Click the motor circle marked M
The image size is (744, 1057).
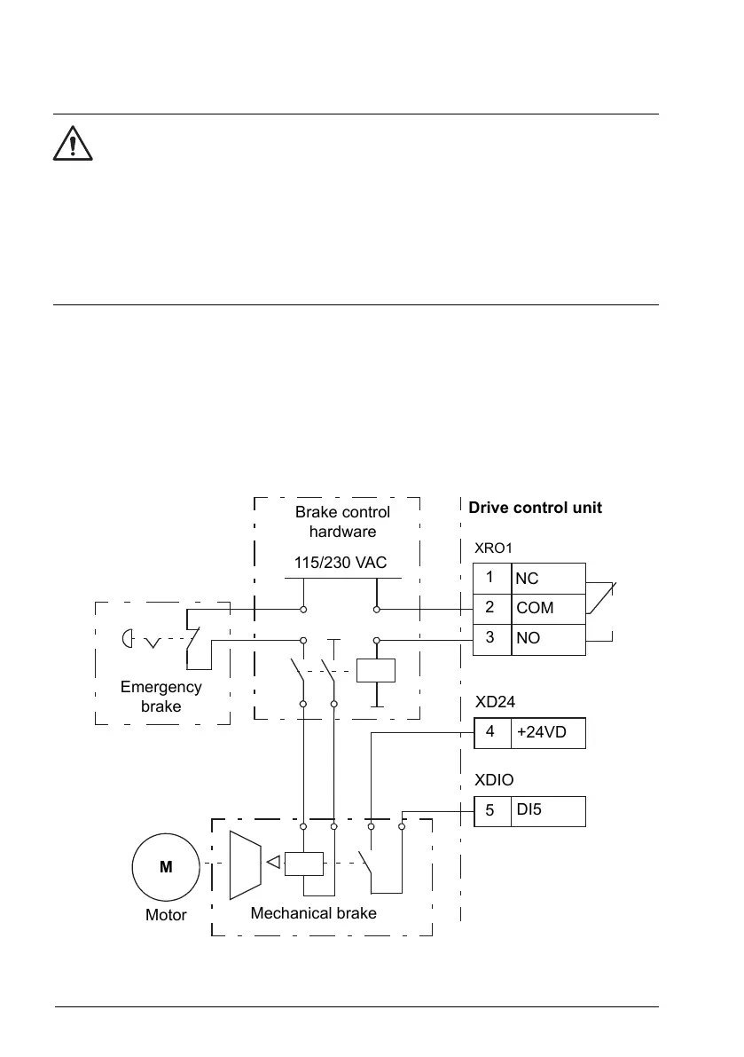point(166,866)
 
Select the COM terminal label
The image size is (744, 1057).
point(535,609)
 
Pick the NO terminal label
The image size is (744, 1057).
point(529,638)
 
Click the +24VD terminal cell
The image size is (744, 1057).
point(548,734)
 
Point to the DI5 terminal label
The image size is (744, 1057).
point(529,810)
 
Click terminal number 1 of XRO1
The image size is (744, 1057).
point(490,577)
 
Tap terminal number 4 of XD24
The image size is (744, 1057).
point(490,733)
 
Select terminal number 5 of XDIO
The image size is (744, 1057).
point(490,810)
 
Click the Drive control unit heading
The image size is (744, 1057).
point(535,508)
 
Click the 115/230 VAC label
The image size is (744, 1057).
point(341,562)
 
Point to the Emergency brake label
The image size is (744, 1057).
point(161,697)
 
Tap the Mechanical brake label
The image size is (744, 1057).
point(313,912)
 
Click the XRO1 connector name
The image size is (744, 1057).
point(494,548)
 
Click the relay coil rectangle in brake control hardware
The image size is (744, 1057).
point(375,670)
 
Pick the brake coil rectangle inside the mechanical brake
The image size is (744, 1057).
point(303,864)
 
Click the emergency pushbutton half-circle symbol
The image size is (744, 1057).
point(129,640)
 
